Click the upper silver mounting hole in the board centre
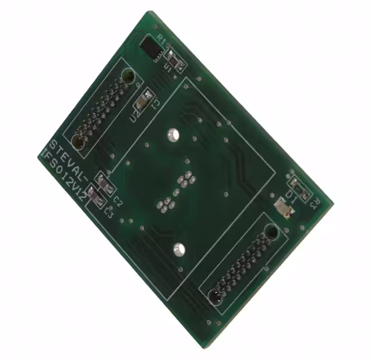(x=172, y=135)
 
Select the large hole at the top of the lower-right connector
(x=272, y=231)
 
